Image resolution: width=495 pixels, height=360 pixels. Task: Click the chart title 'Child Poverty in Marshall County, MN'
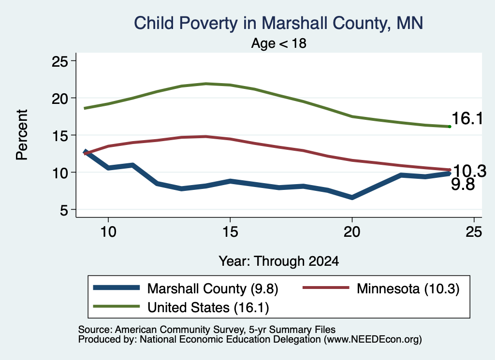pyautogui.click(x=278, y=23)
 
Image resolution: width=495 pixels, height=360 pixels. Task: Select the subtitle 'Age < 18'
pyautogui.click(x=279, y=43)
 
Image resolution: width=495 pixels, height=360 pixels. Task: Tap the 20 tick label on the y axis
pyautogui.click(x=59, y=99)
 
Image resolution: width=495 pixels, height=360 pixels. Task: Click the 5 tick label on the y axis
pyautogui.click(x=64, y=210)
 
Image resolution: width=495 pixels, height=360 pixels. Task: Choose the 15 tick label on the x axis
pyautogui.click(x=230, y=232)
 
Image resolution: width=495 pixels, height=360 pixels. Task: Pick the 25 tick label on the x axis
pyautogui.click(x=474, y=232)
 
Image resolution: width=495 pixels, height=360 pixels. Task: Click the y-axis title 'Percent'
pyautogui.click(x=22, y=135)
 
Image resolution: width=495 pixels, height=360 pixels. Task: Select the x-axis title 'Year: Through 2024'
pyautogui.click(x=279, y=261)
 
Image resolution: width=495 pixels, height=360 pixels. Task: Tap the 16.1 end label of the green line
pyautogui.click(x=467, y=119)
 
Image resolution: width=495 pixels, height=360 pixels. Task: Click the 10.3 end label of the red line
pyautogui.click(x=469, y=172)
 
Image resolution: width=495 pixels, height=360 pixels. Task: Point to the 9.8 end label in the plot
pyautogui.click(x=463, y=184)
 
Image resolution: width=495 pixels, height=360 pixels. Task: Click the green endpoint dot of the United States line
pyautogui.click(x=450, y=127)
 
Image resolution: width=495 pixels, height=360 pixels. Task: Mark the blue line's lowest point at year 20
pyautogui.click(x=352, y=198)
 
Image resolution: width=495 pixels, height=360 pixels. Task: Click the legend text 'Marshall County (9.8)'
pyautogui.click(x=213, y=288)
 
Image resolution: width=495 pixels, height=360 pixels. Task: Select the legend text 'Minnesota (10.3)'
pyautogui.click(x=408, y=288)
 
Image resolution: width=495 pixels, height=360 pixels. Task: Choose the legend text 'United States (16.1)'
pyautogui.click(x=208, y=308)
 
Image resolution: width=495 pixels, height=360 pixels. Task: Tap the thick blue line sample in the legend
pyautogui.click(x=116, y=288)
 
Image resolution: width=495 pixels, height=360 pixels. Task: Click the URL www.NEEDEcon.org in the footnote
pyautogui.click(x=373, y=340)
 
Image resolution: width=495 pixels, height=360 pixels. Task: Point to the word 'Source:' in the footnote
pyautogui.click(x=95, y=330)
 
